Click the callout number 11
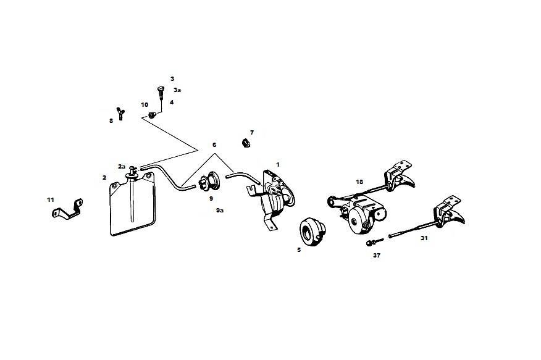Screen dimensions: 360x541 tap(50, 199)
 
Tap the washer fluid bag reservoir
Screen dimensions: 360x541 tap(133, 207)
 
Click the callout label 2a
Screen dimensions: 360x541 tap(122, 166)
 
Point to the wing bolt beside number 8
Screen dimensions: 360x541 tap(121, 114)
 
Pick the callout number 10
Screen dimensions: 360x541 tap(145, 104)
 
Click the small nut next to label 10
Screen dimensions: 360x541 tap(153, 115)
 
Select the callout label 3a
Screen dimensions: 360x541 tap(177, 90)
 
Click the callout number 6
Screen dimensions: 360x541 tap(214, 144)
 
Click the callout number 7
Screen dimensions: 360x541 tap(252, 133)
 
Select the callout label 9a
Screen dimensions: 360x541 tap(220, 211)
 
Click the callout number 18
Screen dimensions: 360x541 tap(359, 182)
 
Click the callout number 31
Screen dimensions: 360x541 tap(424, 238)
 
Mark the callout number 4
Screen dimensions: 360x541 tap(172, 102)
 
